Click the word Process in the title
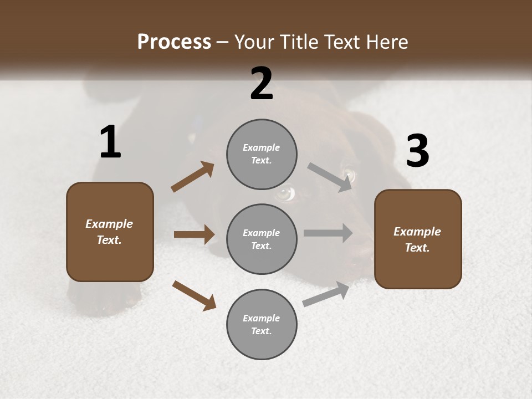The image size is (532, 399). [174, 42]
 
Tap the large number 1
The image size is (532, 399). [110, 143]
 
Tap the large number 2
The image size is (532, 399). [262, 84]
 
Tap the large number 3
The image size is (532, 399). [417, 151]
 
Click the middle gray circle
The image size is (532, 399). [262, 239]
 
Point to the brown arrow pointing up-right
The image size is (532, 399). [192, 177]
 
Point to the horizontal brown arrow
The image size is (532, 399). [194, 234]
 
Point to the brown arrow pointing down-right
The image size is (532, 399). [194, 295]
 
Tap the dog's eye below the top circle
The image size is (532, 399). [285, 193]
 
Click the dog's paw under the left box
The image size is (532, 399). [94, 299]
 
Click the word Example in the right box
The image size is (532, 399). [417, 232]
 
